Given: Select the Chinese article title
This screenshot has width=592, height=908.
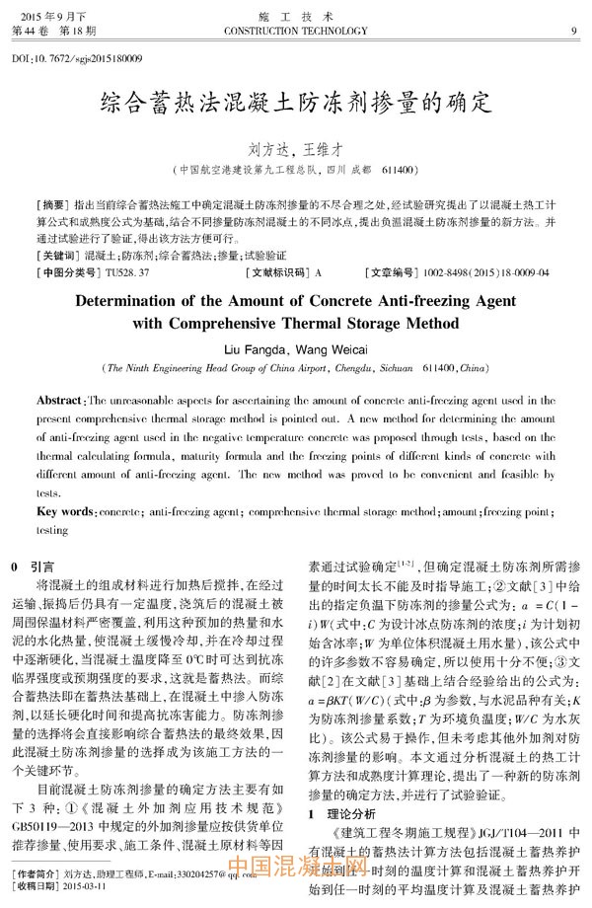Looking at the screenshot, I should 296,103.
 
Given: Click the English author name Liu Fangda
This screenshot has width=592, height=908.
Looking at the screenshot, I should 258,348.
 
